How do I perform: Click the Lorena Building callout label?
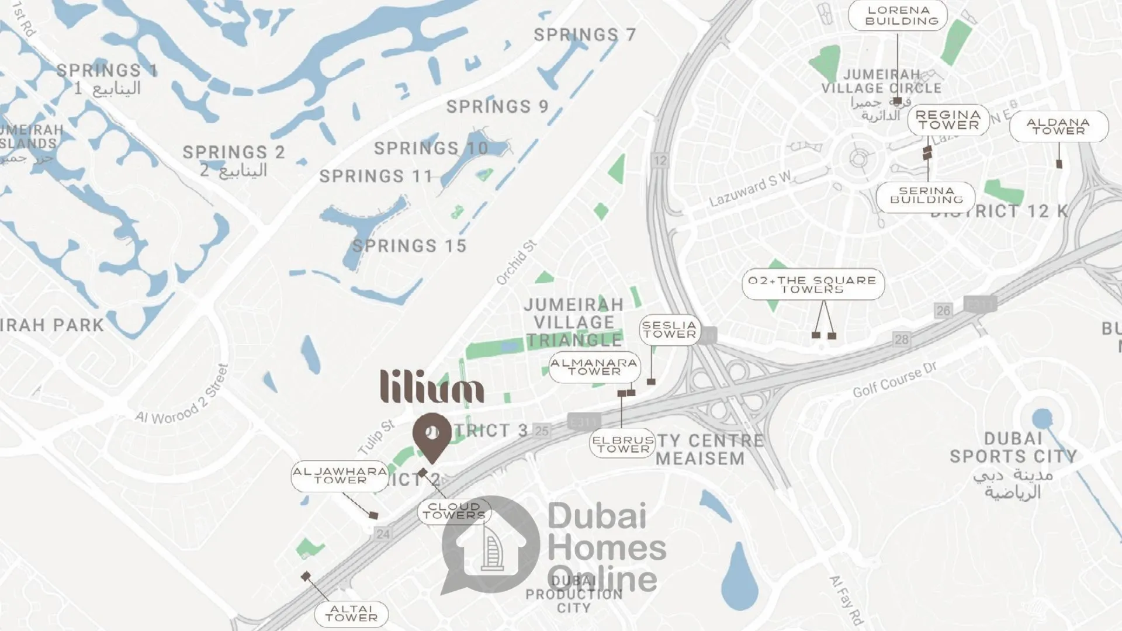point(898,16)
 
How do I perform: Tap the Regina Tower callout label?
point(948,120)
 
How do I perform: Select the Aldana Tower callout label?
point(1058,126)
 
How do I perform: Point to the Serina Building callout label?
point(926,196)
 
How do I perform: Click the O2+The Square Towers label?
point(813,285)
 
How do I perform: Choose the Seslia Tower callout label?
point(670,330)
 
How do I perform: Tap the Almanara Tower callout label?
point(594,367)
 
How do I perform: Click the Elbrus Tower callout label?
point(622,444)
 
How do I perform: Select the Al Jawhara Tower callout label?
point(340,476)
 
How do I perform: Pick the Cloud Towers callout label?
point(454,511)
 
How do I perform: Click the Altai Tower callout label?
point(351,613)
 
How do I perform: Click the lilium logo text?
point(432,386)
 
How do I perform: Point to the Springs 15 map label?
point(409,246)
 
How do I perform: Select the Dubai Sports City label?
point(1013,448)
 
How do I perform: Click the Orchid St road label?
point(516,263)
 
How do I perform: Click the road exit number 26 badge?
point(943,311)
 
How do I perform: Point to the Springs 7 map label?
point(584,35)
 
